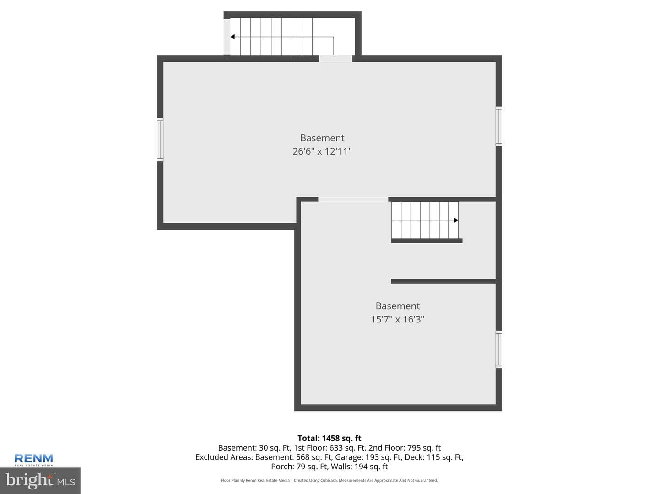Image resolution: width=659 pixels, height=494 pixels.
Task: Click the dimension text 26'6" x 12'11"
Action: pos(322,151)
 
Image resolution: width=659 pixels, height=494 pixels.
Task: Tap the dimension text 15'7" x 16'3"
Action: pos(398,319)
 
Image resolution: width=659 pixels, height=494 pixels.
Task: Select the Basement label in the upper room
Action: pos(322,138)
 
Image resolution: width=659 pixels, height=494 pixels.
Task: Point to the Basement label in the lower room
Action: pos(398,306)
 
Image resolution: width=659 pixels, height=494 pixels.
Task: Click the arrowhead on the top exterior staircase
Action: pos(232,37)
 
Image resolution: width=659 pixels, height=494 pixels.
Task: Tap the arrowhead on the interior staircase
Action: pos(456,220)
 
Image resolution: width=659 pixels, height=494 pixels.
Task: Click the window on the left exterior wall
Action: pos(160,140)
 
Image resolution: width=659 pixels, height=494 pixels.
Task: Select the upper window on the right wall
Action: pos(499,126)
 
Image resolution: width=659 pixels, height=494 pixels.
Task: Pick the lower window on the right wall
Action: pos(499,349)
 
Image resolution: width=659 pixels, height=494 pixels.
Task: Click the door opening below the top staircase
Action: pos(335,59)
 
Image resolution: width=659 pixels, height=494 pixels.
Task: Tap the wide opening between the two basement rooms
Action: pos(353,199)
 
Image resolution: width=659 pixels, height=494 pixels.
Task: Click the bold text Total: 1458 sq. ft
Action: pos(329,439)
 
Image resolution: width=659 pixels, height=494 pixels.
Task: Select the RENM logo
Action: pos(33,460)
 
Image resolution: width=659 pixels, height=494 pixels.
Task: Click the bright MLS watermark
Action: pos(40,480)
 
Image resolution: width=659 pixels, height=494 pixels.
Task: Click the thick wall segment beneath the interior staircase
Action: pos(427,241)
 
